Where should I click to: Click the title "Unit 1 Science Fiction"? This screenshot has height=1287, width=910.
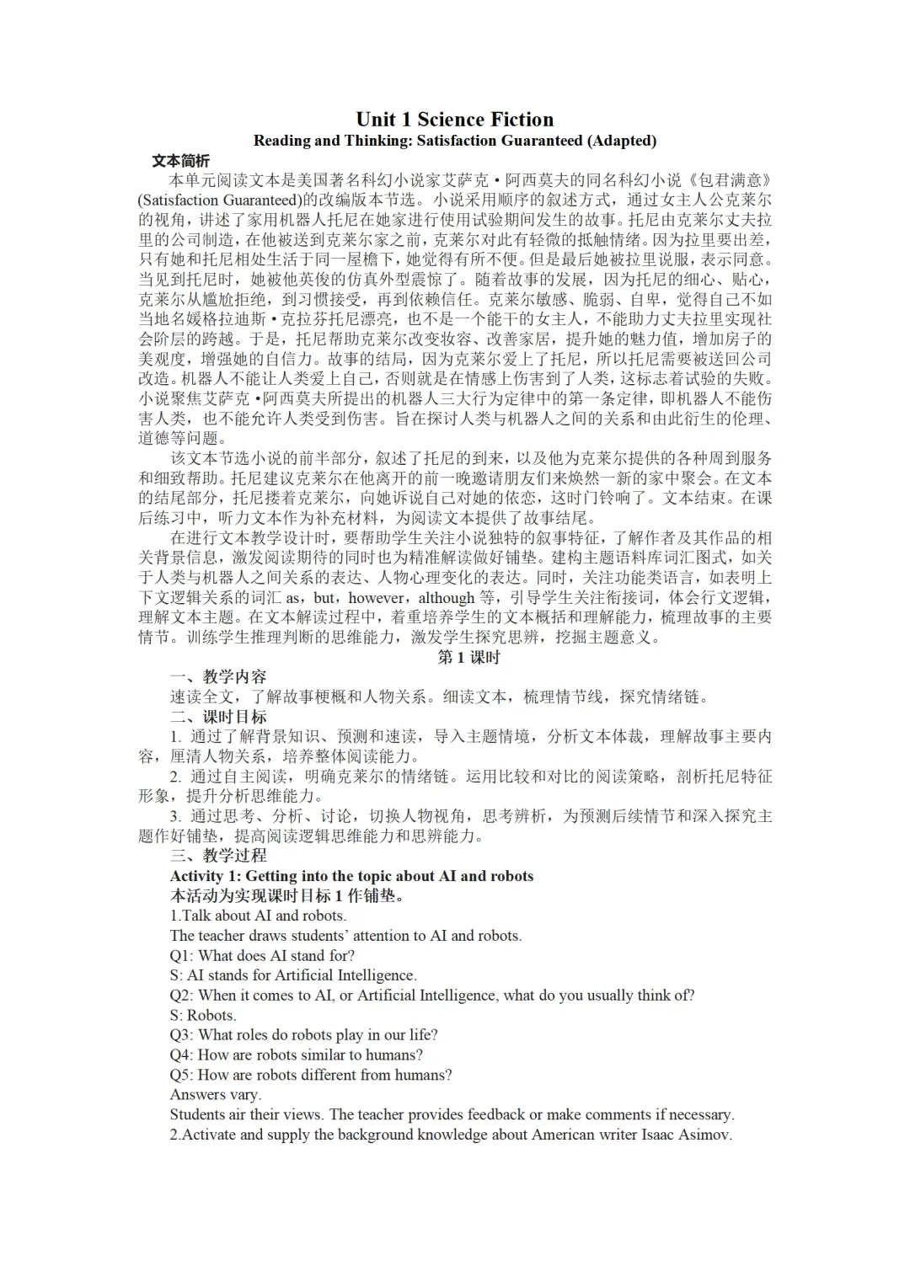[x=455, y=119]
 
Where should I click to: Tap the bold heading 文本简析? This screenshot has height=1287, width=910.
[x=180, y=160]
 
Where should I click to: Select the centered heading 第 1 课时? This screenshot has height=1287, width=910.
[x=468, y=657]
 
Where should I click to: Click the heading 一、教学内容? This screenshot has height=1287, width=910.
[x=218, y=676]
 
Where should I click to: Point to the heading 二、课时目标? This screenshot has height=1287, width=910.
[x=218, y=716]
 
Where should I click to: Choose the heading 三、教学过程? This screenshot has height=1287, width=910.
[x=218, y=855]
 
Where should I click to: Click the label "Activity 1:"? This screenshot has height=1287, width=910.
[x=205, y=875]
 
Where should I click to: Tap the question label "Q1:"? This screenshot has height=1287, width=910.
[x=181, y=955]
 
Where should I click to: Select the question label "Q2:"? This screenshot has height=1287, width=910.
[x=181, y=995]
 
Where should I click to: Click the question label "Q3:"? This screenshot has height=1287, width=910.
[x=181, y=1034]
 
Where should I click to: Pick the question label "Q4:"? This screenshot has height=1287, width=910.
[x=181, y=1055]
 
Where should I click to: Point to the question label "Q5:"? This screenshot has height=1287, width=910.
[x=181, y=1075]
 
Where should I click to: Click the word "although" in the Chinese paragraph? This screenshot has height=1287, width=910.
[x=447, y=597]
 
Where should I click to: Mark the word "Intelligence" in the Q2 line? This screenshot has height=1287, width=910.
[x=457, y=995]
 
